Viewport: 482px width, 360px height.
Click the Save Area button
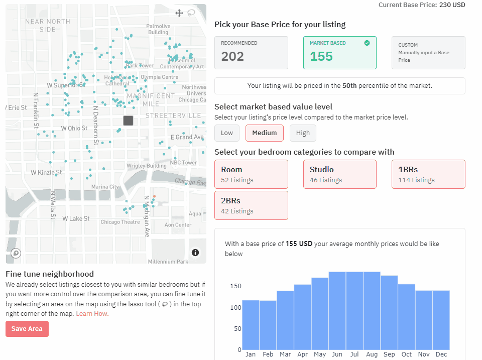click(x=27, y=329)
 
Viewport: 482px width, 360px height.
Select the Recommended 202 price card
click(x=251, y=52)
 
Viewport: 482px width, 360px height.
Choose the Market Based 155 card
click(x=339, y=52)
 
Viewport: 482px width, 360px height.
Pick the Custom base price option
click(x=428, y=52)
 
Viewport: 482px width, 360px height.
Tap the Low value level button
click(x=227, y=133)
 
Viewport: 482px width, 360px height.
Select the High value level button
click(x=303, y=133)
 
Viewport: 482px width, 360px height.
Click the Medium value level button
click(x=265, y=133)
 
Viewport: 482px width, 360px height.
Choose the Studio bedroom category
click(x=339, y=174)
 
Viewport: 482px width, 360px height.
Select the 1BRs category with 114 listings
click(x=428, y=174)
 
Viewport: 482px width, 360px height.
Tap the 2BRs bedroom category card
click(x=251, y=205)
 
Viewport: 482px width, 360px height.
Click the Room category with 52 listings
click(x=251, y=174)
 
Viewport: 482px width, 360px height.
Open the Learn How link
click(x=92, y=314)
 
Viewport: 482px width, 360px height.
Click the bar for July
click(x=354, y=311)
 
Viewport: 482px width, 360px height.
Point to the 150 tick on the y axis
click(x=235, y=286)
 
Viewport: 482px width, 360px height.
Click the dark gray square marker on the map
click(x=128, y=121)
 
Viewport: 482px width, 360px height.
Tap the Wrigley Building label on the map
click(x=146, y=166)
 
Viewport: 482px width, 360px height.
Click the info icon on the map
click(x=195, y=253)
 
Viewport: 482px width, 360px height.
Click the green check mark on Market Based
click(x=367, y=43)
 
